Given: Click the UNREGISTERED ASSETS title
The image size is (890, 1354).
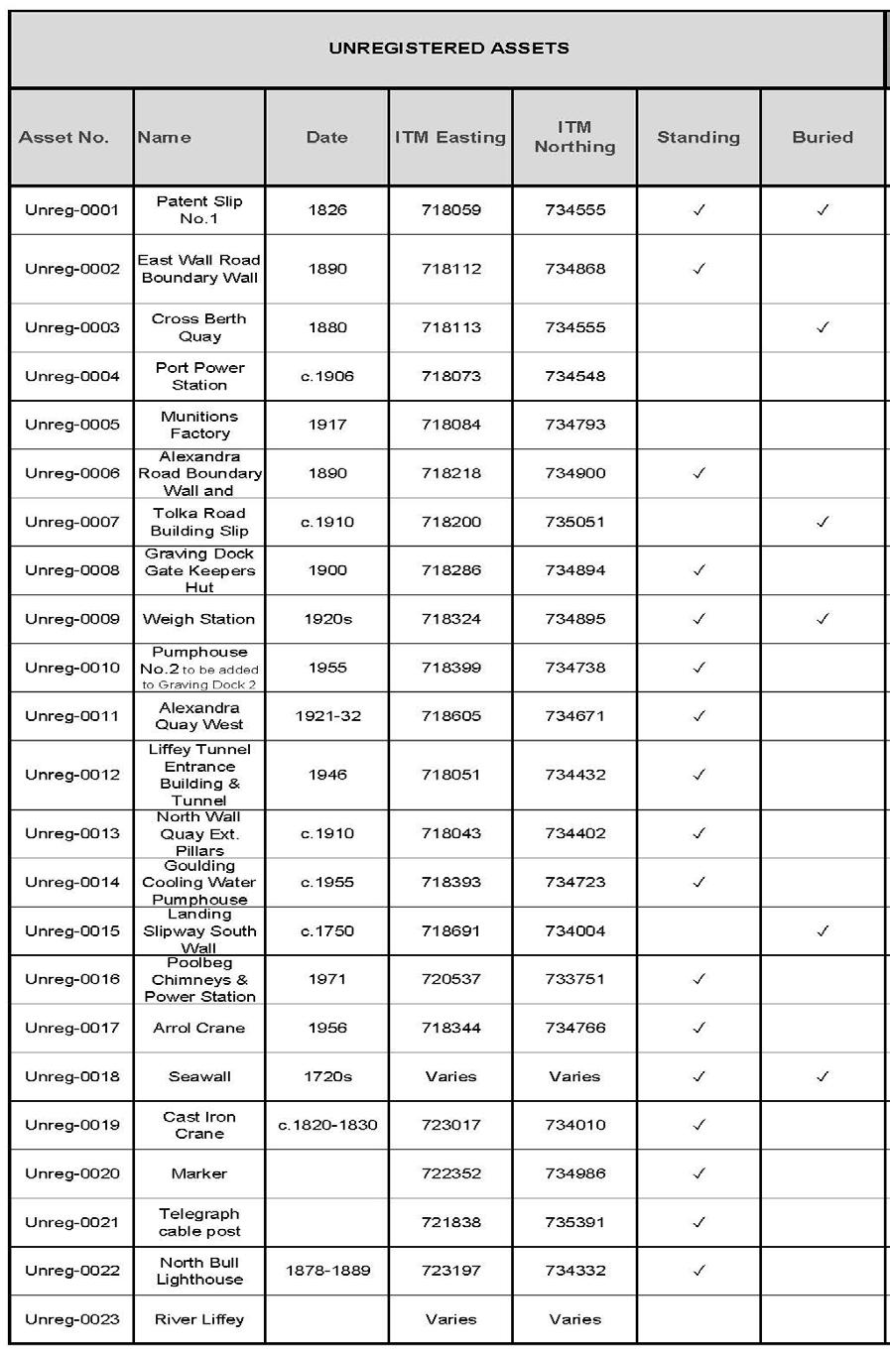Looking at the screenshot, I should click(x=448, y=48).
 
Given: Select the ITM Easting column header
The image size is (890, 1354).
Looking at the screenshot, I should click(x=450, y=137).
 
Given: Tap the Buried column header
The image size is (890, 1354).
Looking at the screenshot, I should click(x=823, y=137).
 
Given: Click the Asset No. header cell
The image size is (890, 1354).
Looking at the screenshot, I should click(x=64, y=137).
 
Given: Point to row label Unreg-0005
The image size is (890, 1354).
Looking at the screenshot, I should click(x=71, y=425).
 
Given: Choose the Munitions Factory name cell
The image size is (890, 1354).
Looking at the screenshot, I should click(x=199, y=425).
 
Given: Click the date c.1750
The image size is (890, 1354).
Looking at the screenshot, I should click(x=327, y=930).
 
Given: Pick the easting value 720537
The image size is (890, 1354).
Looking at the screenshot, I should click(x=450, y=979).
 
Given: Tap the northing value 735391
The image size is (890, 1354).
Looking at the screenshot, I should click(x=574, y=1222).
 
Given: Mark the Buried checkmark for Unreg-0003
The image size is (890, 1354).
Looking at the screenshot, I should click(x=823, y=327).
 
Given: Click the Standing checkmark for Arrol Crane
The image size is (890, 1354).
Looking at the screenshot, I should click(x=699, y=1028).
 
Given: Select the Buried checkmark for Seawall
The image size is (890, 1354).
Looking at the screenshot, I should click(x=823, y=1076).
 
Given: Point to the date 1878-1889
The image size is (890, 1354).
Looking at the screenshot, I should click(x=327, y=1271).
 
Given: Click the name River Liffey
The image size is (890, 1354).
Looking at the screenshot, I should click(x=199, y=1319).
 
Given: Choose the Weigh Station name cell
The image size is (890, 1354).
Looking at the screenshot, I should click(x=199, y=619).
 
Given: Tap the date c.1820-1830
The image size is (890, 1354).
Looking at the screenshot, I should click(x=327, y=1125).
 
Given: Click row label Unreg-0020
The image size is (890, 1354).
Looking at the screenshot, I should click(x=71, y=1173).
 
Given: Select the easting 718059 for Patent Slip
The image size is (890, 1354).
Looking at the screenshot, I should click(x=450, y=210).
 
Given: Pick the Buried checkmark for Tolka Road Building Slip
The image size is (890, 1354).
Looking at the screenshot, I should click(x=823, y=522).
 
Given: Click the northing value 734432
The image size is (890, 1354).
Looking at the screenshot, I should click(x=574, y=775).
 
